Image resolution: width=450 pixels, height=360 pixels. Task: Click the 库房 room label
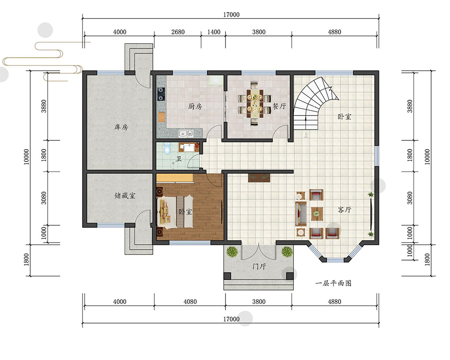point(121,127)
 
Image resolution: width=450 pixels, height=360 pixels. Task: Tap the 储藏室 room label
point(125,196)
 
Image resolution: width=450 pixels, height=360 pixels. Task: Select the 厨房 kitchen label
point(195,107)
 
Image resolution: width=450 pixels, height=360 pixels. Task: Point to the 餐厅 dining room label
point(279,106)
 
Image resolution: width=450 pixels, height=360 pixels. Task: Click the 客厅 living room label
point(344,210)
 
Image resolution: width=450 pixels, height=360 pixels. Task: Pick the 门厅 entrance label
point(259,266)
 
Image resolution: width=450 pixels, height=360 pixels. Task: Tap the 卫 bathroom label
point(179,158)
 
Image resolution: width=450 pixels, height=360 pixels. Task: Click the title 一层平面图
point(333,283)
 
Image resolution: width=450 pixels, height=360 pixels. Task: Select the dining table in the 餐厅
point(254,103)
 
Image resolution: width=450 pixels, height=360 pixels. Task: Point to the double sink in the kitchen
point(186,133)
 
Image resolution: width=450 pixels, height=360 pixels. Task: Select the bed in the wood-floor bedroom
point(172,211)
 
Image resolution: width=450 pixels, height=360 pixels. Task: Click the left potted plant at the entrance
point(232,252)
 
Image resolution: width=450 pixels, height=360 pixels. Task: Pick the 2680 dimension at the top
point(178,32)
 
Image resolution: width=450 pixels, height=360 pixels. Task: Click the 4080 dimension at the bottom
point(190,301)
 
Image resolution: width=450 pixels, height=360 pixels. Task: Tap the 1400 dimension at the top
point(214,32)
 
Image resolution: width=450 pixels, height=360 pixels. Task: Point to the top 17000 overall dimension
point(231,15)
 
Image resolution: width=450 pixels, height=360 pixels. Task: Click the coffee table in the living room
point(316,214)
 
